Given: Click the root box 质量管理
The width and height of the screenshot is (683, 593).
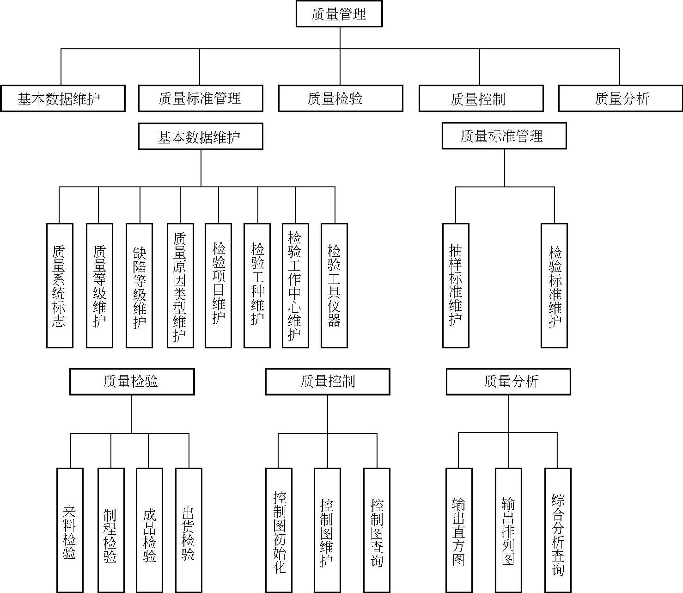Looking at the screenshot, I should coord(339,14).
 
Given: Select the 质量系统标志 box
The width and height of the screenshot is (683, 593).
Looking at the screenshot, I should coord(60,285).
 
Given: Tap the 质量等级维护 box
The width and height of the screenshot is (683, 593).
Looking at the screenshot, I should coord(99,285).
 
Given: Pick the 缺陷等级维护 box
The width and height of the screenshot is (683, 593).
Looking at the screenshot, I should coord(139,285).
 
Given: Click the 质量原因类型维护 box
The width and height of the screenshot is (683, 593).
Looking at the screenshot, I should coord(180,285).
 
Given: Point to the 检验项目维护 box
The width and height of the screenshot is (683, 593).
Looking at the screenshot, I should coord(218,285).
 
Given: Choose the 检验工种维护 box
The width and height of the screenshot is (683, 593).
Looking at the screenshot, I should coord(257,285).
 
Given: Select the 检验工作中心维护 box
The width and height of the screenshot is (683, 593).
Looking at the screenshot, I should coord(295,285).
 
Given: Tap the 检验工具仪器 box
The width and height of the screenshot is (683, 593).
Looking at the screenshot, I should coord(334,285).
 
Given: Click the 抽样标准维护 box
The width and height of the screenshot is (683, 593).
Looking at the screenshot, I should coord(456,285).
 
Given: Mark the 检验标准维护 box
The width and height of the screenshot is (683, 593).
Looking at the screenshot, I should coord(554,285).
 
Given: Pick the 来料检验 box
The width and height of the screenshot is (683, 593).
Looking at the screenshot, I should coord(70,530).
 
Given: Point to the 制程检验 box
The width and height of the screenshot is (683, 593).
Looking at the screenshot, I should coord(111,530).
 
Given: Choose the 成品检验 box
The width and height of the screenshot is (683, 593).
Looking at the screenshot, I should coord(149,530).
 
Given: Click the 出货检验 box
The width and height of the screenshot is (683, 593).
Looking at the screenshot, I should coord(189,530).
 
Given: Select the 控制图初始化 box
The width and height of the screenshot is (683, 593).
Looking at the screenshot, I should coord(279,530).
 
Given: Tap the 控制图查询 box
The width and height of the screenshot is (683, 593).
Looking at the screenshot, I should coord(377,530).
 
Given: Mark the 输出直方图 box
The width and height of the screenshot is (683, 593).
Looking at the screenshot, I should coord(459,530).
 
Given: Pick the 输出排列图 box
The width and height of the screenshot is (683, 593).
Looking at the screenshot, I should coord(508,530).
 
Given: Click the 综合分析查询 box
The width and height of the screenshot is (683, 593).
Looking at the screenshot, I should coord(558,530).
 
